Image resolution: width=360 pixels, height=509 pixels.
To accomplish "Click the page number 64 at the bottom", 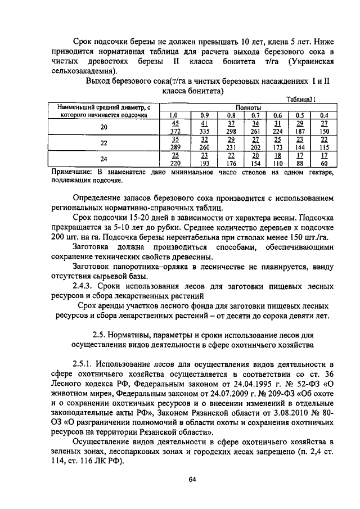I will [x=191, y=479].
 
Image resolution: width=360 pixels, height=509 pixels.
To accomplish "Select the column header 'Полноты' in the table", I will [x=247, y=107].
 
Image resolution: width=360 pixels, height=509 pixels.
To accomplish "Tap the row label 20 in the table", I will [x=103, y=127].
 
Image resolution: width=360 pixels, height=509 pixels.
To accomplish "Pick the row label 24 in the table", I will [x=103, y=159].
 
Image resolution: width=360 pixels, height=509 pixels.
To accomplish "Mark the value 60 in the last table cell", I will [x=325, y=163].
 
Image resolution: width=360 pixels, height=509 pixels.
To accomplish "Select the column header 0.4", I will [x=324, y=115].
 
